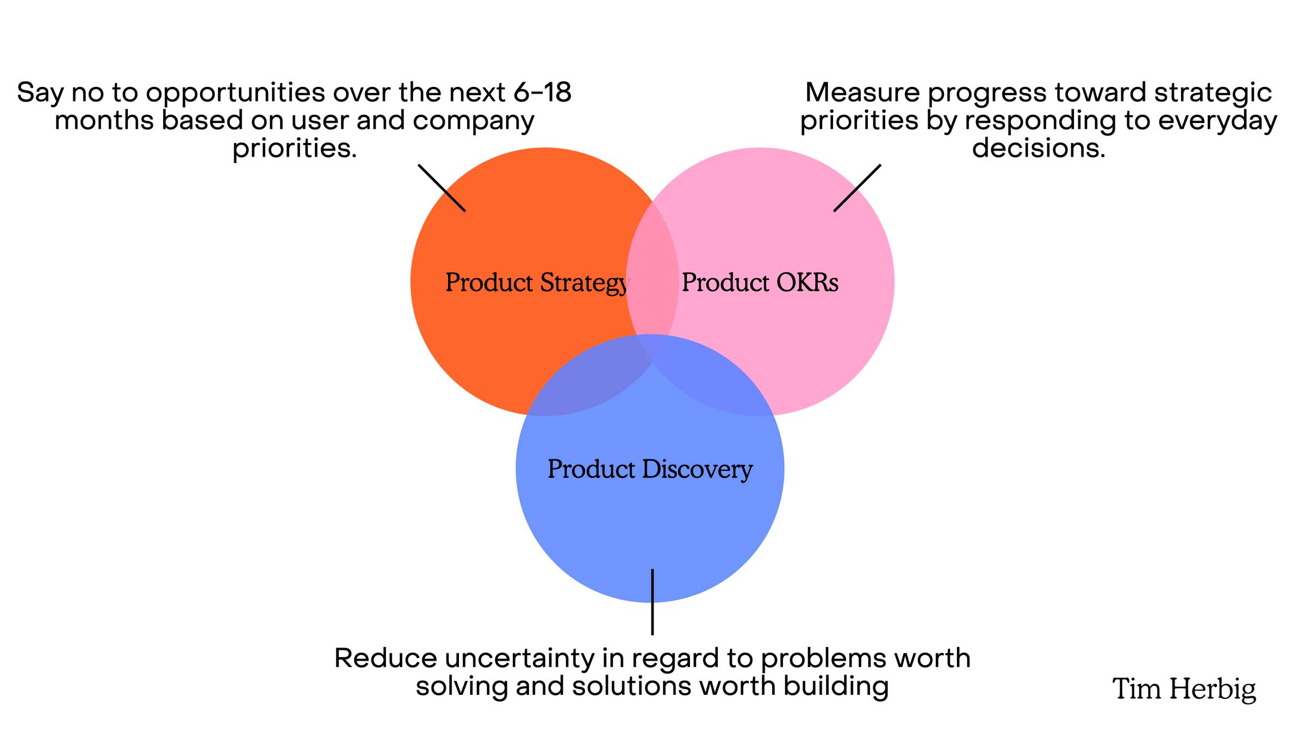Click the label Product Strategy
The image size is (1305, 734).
click(538, 283)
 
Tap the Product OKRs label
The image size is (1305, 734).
click(760, 282)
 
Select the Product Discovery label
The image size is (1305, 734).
click(650, 469)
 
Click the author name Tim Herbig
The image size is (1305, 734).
click(1184, 689)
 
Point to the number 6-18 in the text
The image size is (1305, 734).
click(542, 92)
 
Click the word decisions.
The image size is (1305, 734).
click(1039, 148)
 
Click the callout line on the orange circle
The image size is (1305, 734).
click(442, 188)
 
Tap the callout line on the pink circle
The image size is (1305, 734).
click(857, 188)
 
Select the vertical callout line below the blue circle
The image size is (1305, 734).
click(652, 602)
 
